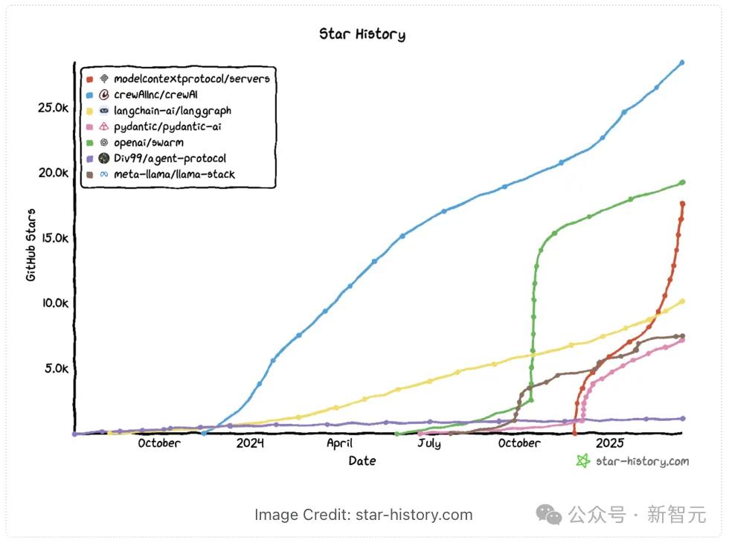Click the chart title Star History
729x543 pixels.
[362, 34]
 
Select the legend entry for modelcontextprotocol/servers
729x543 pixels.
[191, 78]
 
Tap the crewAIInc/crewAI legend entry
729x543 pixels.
[155, 94]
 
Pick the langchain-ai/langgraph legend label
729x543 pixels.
[172, 110]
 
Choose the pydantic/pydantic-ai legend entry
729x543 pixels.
[167, 126]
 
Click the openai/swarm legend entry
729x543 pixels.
[149, 142]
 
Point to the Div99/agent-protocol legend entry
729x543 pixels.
[170, 158]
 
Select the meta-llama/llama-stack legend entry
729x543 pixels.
[174, 175]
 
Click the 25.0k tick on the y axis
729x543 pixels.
[53, 108]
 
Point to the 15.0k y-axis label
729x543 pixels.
[53, 238]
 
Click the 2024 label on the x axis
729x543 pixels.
[251, 443]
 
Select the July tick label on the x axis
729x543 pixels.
[428, 443]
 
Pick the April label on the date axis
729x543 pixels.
[339, 443]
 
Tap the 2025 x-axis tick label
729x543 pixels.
[610, 443]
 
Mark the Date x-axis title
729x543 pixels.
[362, 461]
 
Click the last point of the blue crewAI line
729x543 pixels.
[681, 62]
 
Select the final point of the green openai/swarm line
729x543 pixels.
[682, 182]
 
